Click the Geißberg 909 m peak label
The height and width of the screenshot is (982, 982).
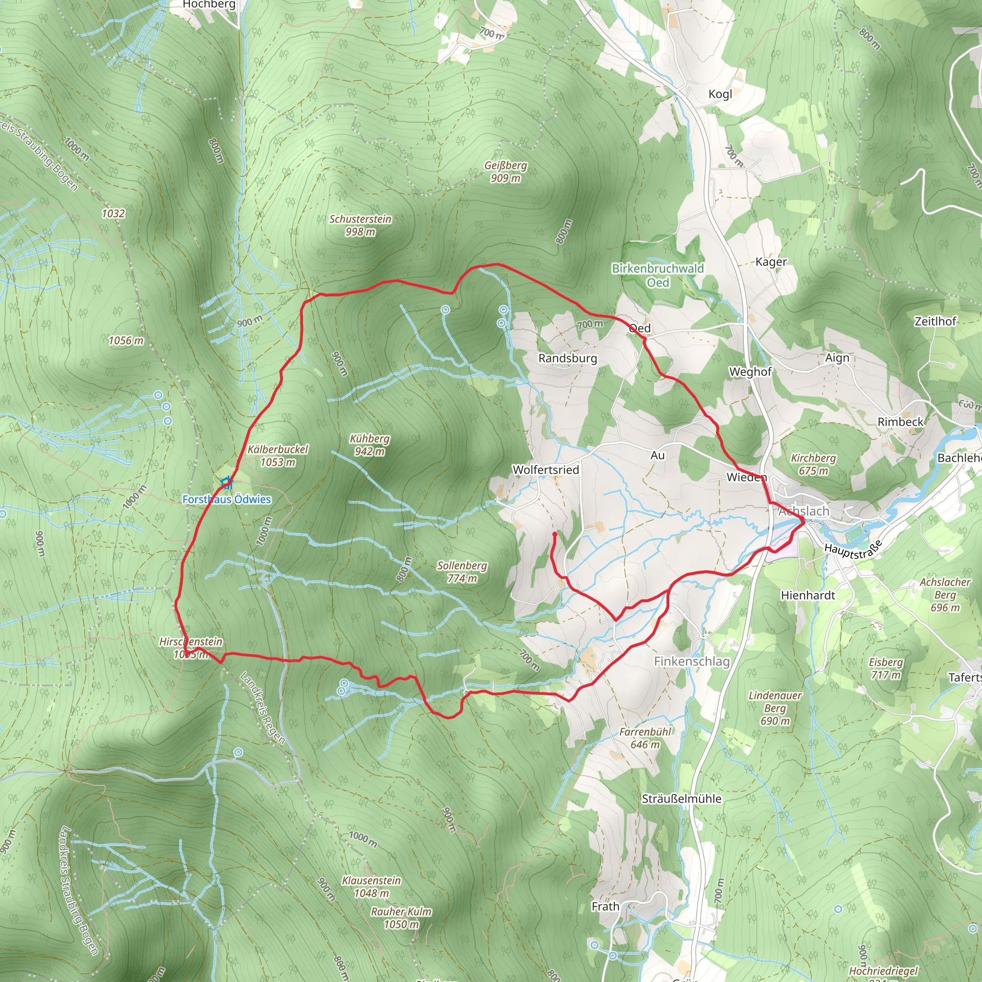point(505,172)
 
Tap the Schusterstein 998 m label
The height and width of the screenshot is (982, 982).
point(361,225)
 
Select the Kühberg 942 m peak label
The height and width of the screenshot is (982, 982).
point(370,445)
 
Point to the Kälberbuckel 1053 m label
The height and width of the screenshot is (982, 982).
point(278,456)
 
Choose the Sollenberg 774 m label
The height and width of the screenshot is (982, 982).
point(462,572)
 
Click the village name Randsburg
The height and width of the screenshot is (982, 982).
point(567,358)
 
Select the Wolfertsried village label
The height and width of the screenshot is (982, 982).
point(545,469)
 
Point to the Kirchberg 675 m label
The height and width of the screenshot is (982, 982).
point(813,464)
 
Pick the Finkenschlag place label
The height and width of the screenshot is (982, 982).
point(691,661)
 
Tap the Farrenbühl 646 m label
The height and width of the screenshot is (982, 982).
point(645,738)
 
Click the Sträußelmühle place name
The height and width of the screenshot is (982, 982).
point(681,798)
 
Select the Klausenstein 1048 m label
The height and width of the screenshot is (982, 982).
point(371,887)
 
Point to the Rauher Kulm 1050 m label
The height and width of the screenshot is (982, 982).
point(401,918)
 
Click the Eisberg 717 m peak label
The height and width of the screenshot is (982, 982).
point(886,668)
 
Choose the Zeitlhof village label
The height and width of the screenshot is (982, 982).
point(935,321)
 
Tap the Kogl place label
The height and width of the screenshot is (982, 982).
point(720,94)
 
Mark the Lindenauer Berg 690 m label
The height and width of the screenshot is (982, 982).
point(775,708)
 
